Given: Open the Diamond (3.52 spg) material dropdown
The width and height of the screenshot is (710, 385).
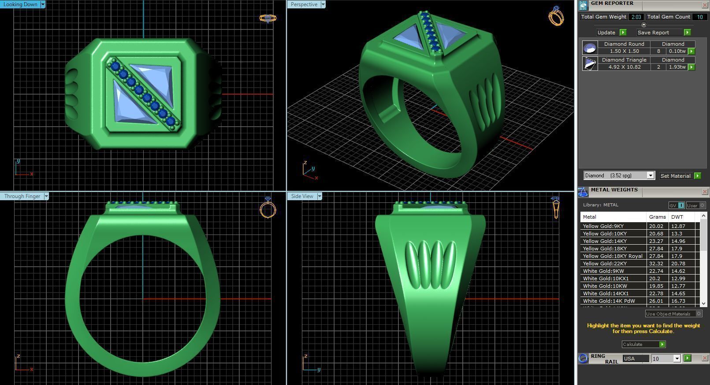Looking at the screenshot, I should tap(650, 176).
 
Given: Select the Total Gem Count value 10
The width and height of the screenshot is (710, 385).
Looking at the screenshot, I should tap(699, 17).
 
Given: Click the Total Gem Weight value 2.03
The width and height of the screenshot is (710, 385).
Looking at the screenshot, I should tap(636, 17).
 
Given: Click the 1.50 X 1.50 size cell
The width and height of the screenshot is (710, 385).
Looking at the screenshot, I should tap(624, 51).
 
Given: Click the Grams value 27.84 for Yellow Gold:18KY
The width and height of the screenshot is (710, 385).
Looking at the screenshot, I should tap(656, 249).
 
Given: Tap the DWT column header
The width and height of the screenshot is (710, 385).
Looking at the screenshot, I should tap(677, 217).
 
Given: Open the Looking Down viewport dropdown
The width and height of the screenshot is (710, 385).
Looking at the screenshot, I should tap(43, 4).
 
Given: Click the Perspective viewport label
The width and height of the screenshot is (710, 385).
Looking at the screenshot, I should tap(304, 4).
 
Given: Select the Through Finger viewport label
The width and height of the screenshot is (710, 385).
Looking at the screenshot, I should tap(22, 196).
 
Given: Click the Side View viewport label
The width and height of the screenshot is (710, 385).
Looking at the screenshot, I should tap(302, 196).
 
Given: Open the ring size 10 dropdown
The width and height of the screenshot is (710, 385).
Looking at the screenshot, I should tap(677, 359).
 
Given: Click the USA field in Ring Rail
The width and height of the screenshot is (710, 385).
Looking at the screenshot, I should tap(635, 359).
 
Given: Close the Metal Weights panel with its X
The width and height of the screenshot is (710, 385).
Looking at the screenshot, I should tap(704, 191).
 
